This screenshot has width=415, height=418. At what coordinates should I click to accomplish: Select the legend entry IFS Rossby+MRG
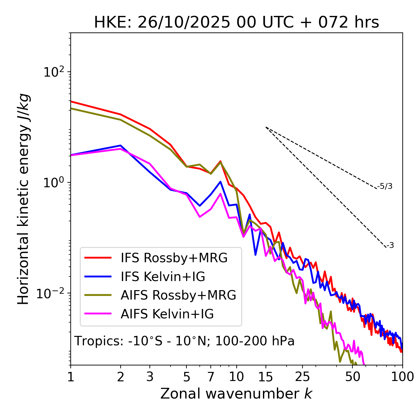(174, 258)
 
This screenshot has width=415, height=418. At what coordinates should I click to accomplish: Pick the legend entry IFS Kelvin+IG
(163, 277)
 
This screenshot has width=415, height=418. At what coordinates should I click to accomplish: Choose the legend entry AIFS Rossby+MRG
(178, 295)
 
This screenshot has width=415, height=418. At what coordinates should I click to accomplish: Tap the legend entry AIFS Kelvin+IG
(167, 314)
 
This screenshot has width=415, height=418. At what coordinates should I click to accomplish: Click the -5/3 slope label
(385, 186)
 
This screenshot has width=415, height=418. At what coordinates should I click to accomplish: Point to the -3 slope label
(390, 246)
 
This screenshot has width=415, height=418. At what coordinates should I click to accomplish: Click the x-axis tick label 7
(211, 377)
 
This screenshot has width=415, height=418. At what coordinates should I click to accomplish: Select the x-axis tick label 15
(266, 377)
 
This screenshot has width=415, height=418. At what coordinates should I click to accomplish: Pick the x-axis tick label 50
(352, 377)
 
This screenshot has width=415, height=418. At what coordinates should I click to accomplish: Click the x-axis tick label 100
(403, 377)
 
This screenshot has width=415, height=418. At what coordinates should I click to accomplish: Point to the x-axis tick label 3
(150, 377)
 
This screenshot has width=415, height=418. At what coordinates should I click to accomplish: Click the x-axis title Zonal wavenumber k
(236, 394)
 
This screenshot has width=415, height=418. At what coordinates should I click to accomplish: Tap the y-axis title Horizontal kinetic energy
(24, 199)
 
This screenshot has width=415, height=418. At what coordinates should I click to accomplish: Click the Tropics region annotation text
(184, 341)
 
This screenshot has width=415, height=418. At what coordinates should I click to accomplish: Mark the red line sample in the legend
(98, 258)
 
